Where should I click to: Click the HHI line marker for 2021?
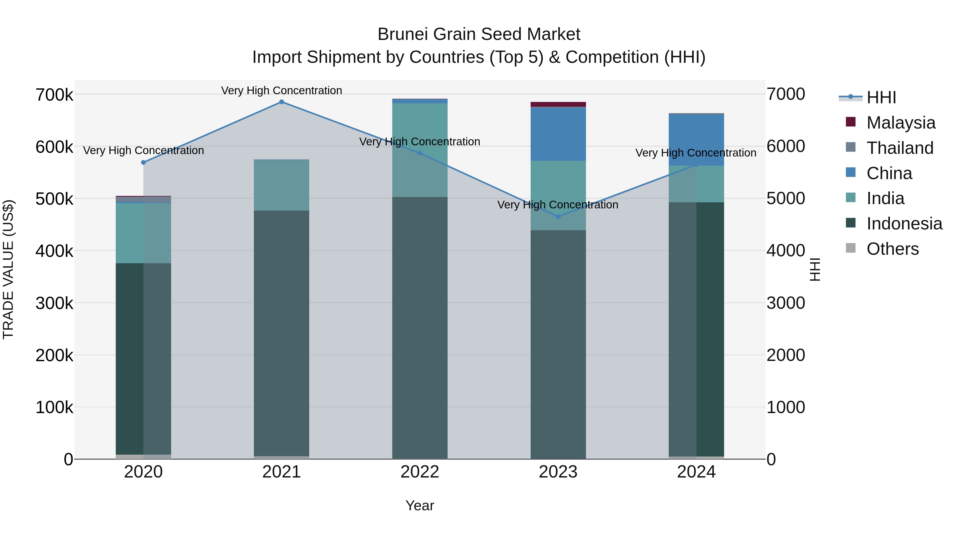(282, 102)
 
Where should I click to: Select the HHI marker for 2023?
(558, 216)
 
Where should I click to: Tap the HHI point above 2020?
(143, 163)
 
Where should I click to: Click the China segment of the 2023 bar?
(558, 134)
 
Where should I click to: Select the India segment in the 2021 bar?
(282, 185)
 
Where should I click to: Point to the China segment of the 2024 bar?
(696, 139)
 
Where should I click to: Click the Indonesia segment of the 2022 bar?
(420, 327)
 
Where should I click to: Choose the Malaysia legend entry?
(900, 123)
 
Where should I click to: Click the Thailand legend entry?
(900, 148)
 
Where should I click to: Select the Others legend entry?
(892, 249)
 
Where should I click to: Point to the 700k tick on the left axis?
(54, 95)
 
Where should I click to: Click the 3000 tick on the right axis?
(786, 303)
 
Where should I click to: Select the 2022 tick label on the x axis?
(420, 472)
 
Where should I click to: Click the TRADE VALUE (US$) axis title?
(8, 269)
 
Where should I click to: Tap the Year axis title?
(420, 505)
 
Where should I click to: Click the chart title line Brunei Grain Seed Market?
(479, 34)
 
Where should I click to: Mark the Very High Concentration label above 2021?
(282, 90)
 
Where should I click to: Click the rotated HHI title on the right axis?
(815, 269)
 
